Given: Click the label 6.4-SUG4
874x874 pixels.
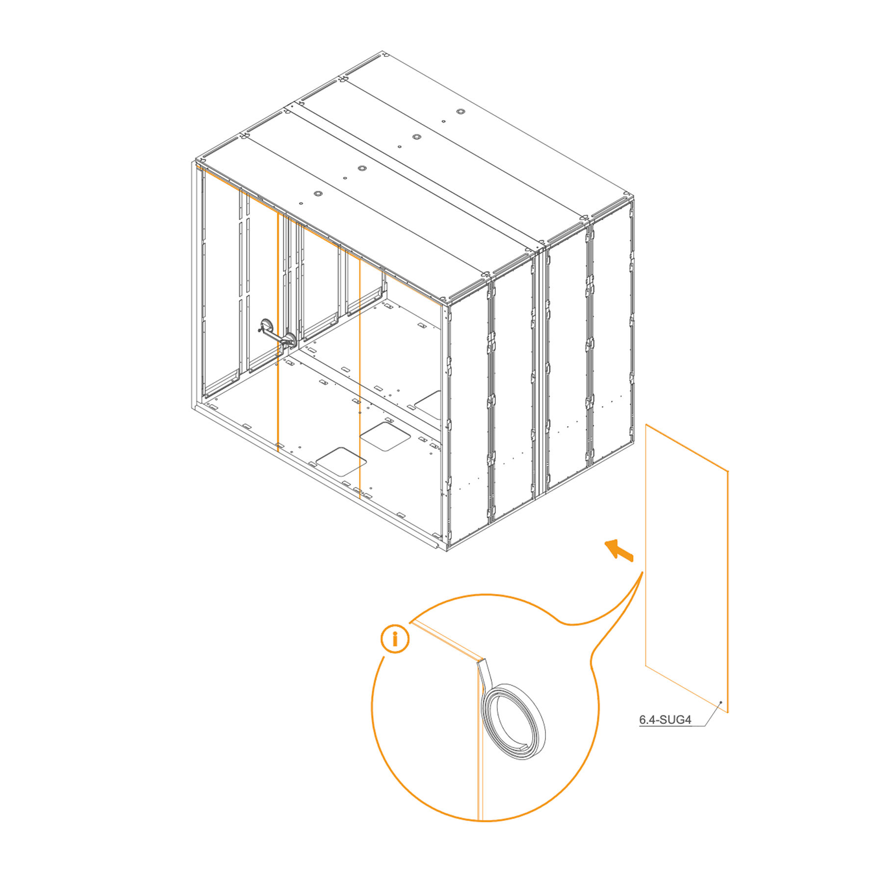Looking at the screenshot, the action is (x=665, y=720).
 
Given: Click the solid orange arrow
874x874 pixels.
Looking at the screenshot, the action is (x=619, y=550).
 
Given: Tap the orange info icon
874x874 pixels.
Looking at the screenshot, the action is (x=395, y=639).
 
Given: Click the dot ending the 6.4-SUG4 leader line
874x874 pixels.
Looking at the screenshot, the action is (x=720, y=702).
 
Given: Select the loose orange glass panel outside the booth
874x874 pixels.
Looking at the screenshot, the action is (x=687, y=568).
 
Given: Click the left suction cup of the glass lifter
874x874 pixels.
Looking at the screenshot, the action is (x=266, y=326).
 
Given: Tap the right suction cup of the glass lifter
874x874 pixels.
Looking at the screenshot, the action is (x=290, y=340).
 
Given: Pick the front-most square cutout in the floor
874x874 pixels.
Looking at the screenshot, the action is (x=341, y=461).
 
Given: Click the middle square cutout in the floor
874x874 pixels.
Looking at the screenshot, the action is (x=385, y=437).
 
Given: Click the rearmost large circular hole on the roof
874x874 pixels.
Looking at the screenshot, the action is (x=460, y=112).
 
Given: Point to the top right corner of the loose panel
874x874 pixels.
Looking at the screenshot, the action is (x=728, y=471).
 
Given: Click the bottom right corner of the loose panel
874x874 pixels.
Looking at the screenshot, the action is (x=728, y=712).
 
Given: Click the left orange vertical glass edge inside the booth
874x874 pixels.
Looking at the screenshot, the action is (x=278, y=331).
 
